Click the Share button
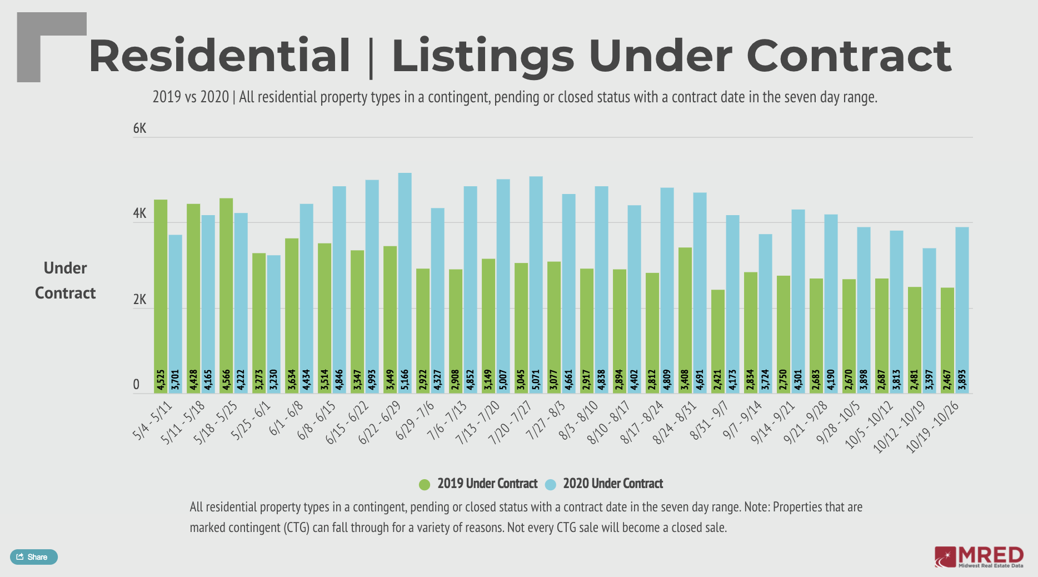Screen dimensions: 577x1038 click(33, 556)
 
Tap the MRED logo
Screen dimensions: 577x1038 click(979, 556)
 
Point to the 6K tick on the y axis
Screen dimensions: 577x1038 click(139, 128)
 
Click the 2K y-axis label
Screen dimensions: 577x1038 click(139, 300)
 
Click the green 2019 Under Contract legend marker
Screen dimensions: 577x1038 click(425, 484)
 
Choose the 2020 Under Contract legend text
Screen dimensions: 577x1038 click(613, 484)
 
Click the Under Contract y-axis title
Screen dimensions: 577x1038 click(66, 280)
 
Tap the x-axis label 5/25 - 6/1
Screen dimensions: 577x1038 click(251, 420)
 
